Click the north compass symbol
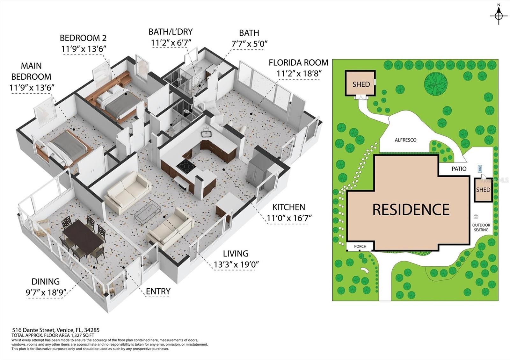499,16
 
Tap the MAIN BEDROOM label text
31,71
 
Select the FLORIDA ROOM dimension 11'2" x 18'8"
299,74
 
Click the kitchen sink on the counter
207,133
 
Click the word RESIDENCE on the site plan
411,210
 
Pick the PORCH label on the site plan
360,246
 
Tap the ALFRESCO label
405,140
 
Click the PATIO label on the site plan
459,169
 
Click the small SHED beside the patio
483,190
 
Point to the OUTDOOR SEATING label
481,227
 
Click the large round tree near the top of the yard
436,83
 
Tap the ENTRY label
158,292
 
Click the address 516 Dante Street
33,330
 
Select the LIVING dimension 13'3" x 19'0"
236,265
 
